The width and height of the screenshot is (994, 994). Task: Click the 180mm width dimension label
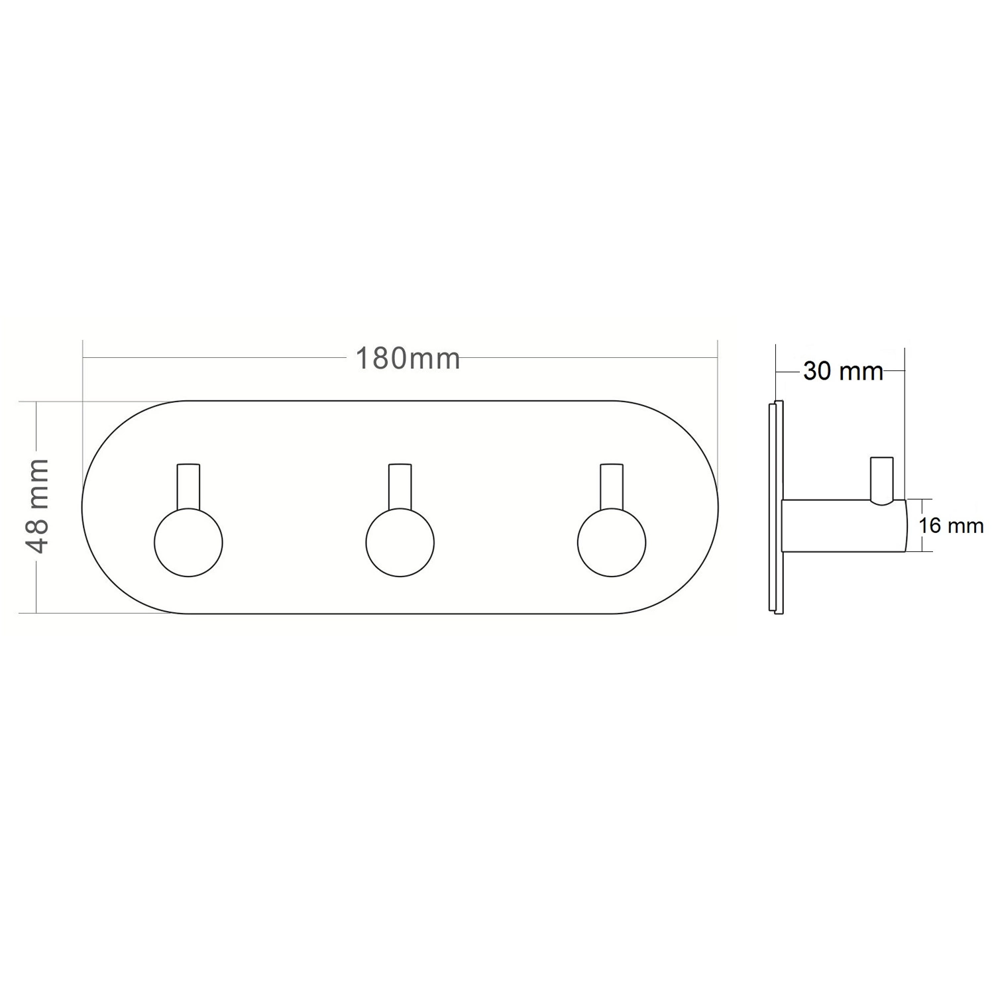408,359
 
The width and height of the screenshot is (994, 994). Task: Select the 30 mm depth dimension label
843,371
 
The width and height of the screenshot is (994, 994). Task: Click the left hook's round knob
188,543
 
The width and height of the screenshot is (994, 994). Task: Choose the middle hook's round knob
400,543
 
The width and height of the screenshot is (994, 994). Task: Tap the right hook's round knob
611,543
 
